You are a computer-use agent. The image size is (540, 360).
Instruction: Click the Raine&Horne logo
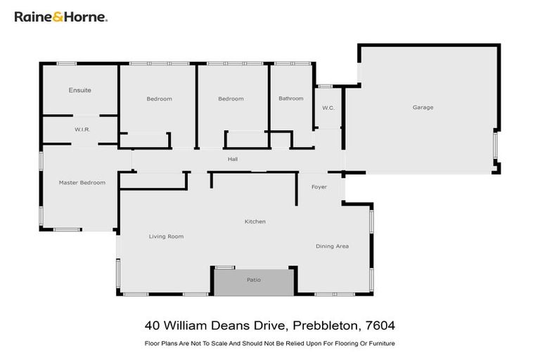pos(60,16)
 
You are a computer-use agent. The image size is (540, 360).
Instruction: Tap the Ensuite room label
pos(79,90)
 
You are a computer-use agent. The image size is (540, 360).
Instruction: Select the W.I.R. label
pos(82,130)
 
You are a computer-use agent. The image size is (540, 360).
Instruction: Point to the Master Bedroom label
pos(82,183)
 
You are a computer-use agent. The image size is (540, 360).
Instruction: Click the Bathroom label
pos(290,98)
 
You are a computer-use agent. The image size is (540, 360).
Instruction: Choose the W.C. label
pos(328,108)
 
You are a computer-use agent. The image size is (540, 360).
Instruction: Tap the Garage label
pos(423,108)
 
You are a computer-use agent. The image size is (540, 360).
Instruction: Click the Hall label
pos(232,160)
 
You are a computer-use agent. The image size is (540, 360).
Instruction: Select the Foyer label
pos(319,187)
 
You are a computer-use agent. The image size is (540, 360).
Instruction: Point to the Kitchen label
pos(255,221)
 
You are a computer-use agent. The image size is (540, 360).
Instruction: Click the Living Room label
pos(166,236)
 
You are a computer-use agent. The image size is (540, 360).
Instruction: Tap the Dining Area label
pos(332,246)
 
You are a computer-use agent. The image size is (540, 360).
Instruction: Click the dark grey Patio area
pos(253,282)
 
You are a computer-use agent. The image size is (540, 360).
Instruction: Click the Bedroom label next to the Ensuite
pos(159,98)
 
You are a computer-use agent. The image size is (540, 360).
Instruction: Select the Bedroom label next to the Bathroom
pos(231,98)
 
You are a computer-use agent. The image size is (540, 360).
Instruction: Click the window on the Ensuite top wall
pos(66,64)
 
